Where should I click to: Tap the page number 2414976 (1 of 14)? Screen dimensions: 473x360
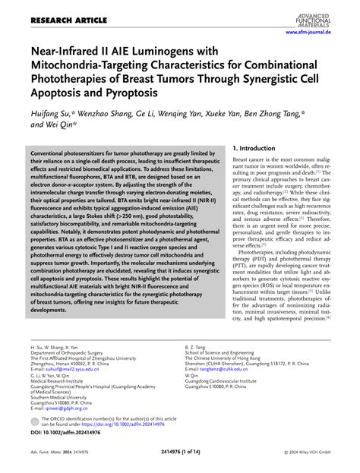[x=179, y=462]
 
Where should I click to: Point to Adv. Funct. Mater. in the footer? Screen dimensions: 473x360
[x=50, y=462]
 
